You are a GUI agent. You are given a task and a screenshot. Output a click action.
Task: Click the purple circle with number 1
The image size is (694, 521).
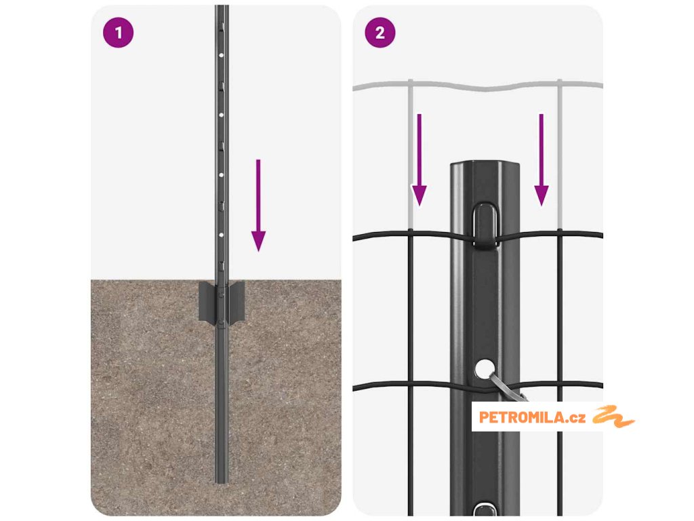tap(118, 33)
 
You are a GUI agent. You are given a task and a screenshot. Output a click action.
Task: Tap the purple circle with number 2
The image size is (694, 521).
tap(380, 33)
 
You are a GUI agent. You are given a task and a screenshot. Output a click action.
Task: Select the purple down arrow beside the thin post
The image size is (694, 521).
tap(258, 205)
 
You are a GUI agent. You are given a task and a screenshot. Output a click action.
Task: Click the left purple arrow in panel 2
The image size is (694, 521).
tap(419, 160)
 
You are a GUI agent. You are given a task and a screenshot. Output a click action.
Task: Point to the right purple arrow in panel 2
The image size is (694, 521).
tap(542, 160)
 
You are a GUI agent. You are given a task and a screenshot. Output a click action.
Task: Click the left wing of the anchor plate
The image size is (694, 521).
tap(207, 301)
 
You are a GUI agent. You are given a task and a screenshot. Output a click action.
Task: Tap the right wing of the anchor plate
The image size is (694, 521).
tap(237, 301)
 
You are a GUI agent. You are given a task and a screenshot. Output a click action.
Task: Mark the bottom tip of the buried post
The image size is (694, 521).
tap(222, 482)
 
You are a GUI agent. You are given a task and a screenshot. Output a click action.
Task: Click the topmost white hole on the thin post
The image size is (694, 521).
tap(222, 56)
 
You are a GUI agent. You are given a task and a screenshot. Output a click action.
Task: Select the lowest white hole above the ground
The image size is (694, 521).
tap(222, 235)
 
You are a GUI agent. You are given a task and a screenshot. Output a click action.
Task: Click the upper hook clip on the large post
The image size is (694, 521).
tap(485, 225)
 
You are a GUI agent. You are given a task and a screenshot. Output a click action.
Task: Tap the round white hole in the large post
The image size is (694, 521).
tap(485, 368)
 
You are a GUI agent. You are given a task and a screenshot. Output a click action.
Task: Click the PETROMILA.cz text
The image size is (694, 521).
tap(532, 417)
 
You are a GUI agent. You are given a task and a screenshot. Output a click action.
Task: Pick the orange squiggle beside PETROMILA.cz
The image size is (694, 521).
tap(613, 416)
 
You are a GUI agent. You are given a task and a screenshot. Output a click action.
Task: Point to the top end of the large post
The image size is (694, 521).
tap(485, 163)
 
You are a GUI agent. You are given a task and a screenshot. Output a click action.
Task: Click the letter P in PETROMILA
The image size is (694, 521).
tap(483, 417)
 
